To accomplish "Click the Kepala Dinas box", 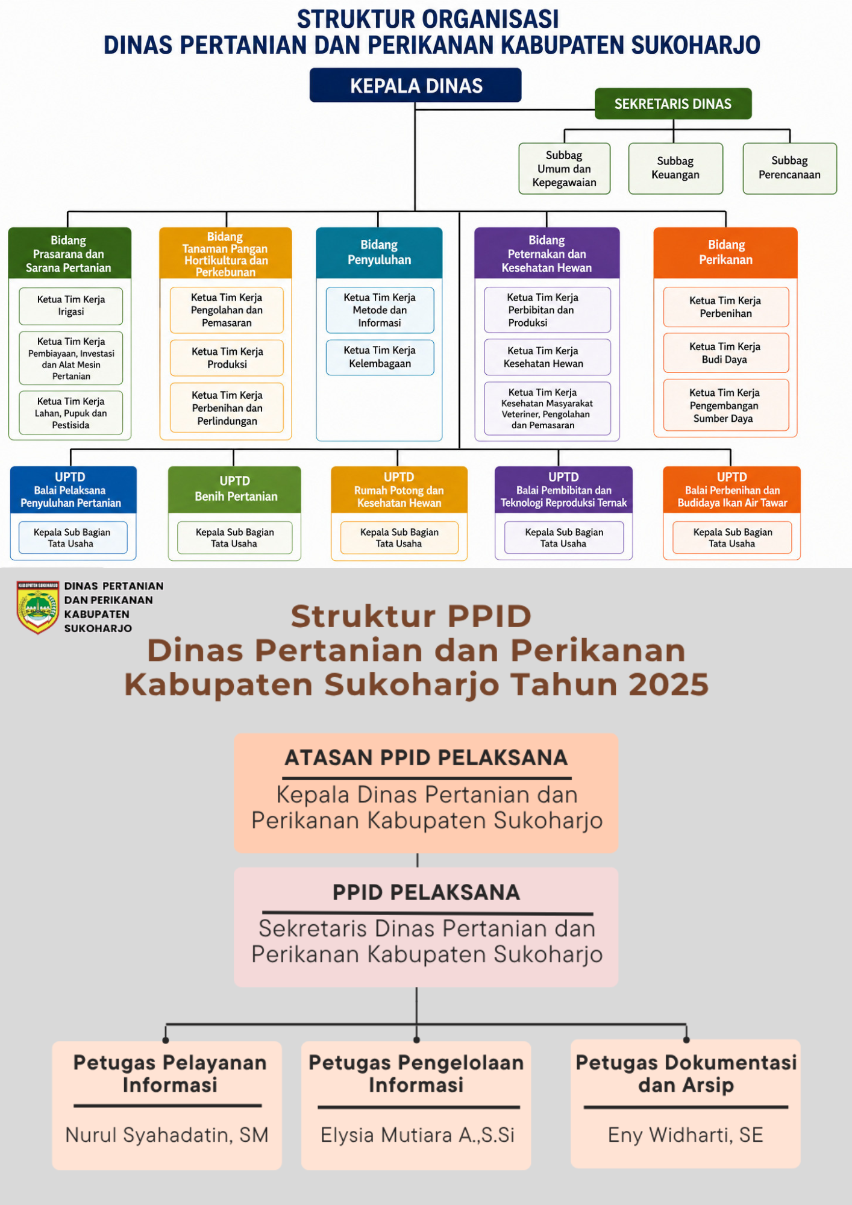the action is [x=415, y=85].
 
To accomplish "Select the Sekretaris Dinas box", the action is [x=673, y=104].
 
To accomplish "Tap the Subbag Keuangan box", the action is [x=675, y=168].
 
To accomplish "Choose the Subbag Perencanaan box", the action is [x=789, y=168].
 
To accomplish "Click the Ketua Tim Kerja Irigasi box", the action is [x=71, y=306].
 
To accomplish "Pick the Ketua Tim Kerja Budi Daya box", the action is [x=726, y=353].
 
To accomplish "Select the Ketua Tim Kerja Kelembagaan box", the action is [x=380, y=357].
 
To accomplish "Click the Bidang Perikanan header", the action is [x=725, y=252].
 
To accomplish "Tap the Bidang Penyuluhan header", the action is [x=379, y=252].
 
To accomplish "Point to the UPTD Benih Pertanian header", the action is [x=234, y=489].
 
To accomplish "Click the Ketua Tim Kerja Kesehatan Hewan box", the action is [x=547, y=357].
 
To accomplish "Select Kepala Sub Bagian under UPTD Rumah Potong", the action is [x=399, y=537].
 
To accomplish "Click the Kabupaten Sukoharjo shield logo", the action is [x=38, y=607].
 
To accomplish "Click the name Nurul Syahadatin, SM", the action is [x=167, y=1135].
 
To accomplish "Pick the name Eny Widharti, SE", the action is [x=686, y=1135].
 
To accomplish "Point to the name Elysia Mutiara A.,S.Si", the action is [x=418, y=1135].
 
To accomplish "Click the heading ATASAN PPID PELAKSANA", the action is [x=426, y=758].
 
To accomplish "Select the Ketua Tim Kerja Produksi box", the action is [x=227, y=358].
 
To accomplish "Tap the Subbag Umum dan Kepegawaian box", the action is [x=565, y=168].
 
